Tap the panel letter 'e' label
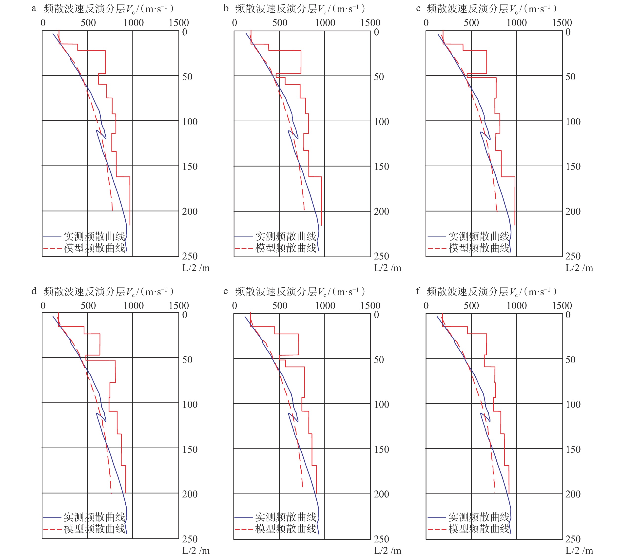[226, 291]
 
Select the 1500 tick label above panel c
[562, 23]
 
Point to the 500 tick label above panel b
[280, 23]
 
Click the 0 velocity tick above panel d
[43, 305]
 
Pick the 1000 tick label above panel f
[517, 305]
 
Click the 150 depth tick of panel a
[190, 167]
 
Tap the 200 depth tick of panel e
[381, 494]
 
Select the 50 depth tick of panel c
[570, 77]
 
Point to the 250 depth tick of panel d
[190, 539]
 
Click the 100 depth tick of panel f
[573, 404]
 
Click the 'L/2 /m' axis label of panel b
[388, 268]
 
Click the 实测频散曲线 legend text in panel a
[95, 236]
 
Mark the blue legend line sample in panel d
[52, 518]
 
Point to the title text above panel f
[491, 292]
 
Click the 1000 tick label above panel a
[134, 23]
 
